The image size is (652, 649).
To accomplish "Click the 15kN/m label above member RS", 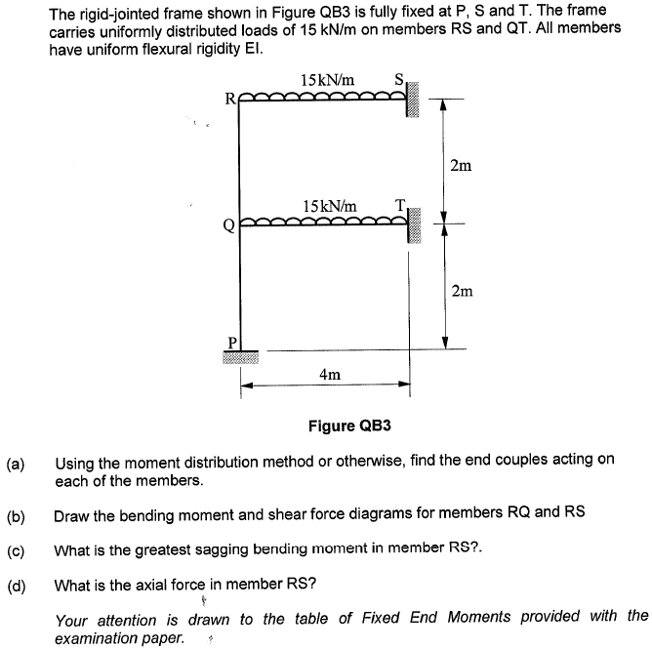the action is [x=328, y=78].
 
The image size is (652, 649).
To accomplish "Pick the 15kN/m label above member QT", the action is [x=330, y=205].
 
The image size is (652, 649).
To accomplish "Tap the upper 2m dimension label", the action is [x=462, y=165].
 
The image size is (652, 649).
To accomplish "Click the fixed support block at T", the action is [x=414, y=225].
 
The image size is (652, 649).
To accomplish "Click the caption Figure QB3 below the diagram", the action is [x=348, y=426].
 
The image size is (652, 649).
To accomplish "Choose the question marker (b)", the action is [x=17, y=516].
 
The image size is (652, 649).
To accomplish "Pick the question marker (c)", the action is [x=17, y=550].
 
